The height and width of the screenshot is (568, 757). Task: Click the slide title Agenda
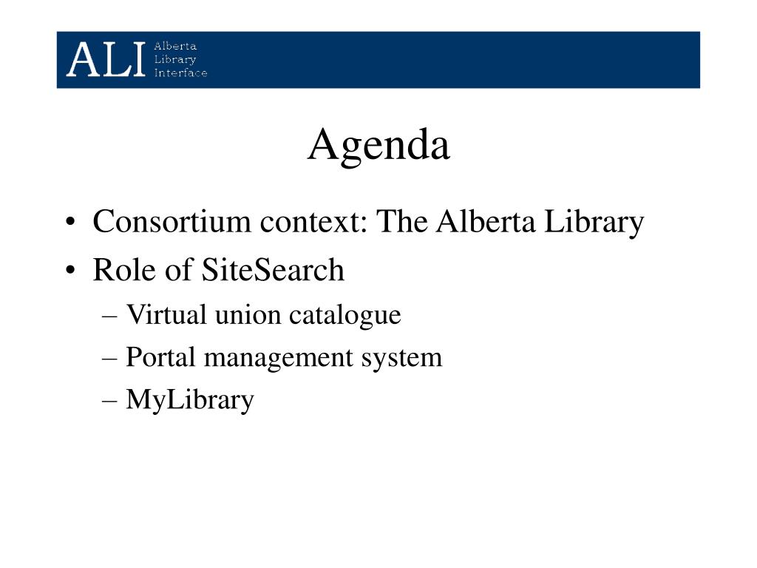[x=379, y=145]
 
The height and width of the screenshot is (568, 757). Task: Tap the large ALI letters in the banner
[x=106, y=59]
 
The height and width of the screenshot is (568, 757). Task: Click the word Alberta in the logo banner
[x=175, y=46]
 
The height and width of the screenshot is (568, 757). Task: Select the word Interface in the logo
[x=180, y=73]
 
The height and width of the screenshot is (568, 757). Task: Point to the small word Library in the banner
[x=175, y=59]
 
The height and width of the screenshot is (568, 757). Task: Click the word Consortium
[x=172, y=221]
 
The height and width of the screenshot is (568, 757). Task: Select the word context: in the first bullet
[x=313, y=222]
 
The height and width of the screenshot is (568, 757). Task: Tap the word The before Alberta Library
[x=401, y=221]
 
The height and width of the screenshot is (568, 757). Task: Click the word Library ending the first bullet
[x=594, y=223]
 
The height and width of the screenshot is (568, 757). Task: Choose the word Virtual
[x=166, y=314]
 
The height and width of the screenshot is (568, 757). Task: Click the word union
[x=248, y=315]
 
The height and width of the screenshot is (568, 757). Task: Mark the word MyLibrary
[x=190, y=400]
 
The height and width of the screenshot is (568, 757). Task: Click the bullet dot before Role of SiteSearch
[x=70, y=271]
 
